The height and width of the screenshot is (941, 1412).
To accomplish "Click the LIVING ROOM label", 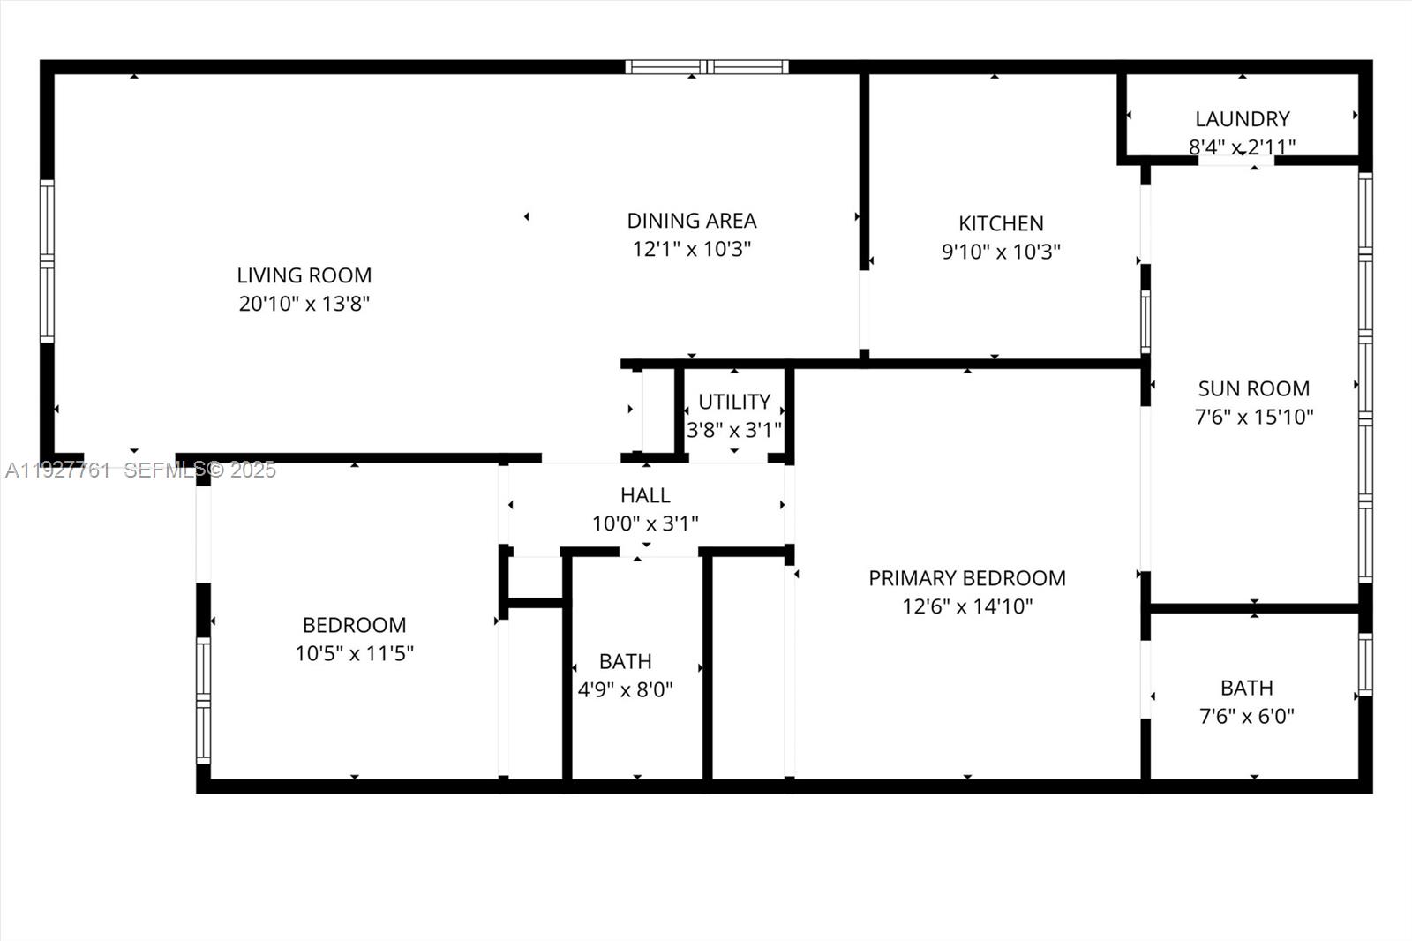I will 304,275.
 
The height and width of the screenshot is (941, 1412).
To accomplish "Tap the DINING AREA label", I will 691,221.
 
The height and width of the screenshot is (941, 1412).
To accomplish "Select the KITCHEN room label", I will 1001,223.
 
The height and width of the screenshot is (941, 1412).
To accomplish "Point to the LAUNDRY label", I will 1242,119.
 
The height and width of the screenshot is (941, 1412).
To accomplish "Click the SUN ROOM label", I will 1253,388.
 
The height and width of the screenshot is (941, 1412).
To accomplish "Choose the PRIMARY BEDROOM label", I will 966,578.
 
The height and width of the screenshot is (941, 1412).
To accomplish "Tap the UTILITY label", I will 734,403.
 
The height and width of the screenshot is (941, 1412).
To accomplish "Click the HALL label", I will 645,495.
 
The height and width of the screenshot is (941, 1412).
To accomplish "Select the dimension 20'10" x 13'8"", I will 304,304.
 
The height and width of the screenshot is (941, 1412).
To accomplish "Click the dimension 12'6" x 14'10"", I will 966,606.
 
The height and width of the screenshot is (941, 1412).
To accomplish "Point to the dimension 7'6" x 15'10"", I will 1253,417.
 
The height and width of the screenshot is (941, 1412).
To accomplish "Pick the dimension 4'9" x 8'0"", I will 625,689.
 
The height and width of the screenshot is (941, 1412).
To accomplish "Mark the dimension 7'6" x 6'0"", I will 1246,716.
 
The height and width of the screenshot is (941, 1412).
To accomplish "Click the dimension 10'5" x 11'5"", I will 354,653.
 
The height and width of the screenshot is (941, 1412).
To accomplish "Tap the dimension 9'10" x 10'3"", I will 1001,252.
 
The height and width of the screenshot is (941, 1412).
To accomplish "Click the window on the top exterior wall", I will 706,67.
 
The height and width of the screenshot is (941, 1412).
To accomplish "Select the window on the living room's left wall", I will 47,261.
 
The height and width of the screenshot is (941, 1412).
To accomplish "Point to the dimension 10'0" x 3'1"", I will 645,523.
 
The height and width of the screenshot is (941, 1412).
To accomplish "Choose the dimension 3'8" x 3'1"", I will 734,430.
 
